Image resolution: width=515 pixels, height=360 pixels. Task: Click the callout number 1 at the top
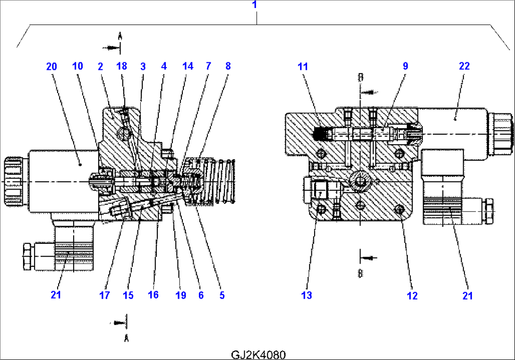(255, 5)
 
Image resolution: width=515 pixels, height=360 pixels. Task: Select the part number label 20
(51, 66)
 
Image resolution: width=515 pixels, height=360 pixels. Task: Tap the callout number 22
(464, 66)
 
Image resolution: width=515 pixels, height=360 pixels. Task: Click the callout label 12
(412, 296)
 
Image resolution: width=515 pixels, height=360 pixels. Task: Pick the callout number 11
(302, 66)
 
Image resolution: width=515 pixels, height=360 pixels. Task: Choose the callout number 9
(405, 66)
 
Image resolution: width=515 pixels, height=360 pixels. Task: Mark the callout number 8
(228, 66)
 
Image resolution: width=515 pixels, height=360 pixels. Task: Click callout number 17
(104, 296)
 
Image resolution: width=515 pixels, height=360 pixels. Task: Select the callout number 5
(221, 296)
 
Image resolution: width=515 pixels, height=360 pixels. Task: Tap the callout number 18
(121, 66)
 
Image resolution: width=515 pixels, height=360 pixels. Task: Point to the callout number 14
(188, 66)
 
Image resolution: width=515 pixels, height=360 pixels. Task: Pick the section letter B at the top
(360, 77)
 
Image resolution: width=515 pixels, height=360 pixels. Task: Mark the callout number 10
(77, 66)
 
